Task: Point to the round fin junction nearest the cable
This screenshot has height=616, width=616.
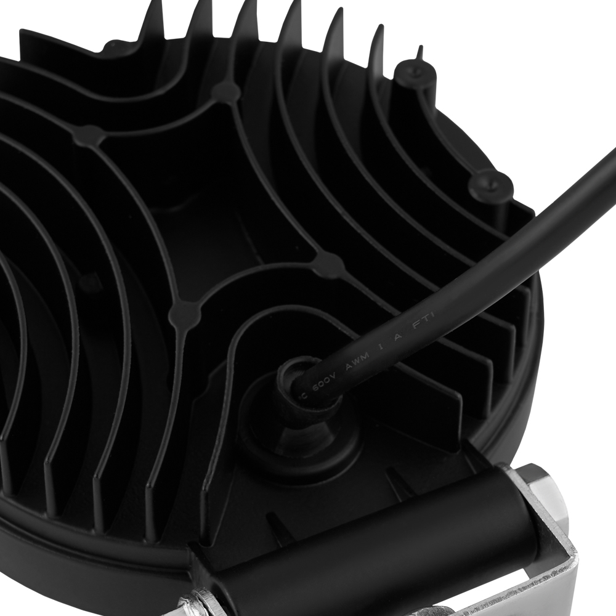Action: [330, 265]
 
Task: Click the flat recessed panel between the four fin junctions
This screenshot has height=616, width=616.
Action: [203, 197]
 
